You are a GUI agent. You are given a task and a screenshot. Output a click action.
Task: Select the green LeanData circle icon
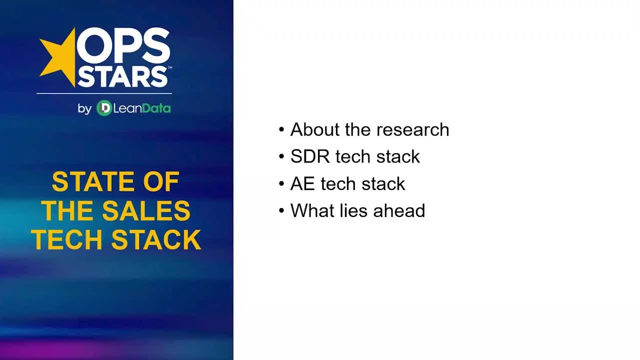(104, 108)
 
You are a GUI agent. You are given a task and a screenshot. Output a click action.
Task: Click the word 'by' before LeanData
(84, 109)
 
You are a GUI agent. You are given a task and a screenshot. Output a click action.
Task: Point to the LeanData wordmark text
(142, 108)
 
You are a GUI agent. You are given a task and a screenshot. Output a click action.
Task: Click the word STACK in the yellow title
(156, 239)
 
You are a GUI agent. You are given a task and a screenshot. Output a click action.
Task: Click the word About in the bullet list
(313, 129)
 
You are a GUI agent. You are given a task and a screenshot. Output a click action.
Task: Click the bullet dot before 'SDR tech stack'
(281, 157)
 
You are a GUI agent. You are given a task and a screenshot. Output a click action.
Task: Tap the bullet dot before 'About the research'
(281, 130)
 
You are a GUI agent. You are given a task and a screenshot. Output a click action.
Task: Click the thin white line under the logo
(104, 93)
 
